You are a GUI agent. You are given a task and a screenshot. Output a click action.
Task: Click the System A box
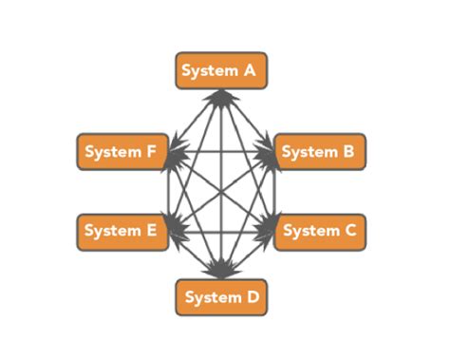(x=221, y=71)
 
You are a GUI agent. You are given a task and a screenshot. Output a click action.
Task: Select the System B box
(x=320, y=152)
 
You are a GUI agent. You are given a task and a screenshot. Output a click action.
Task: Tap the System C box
(x=320, y=231)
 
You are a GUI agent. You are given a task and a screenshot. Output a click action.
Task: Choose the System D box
(x=221, y=297)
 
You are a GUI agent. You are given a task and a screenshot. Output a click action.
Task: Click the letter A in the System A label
(x=251, y=71)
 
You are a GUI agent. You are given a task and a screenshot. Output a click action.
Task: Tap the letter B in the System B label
(x=348, y=152)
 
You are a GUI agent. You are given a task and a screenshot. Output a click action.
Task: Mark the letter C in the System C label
(x=349, y=231)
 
